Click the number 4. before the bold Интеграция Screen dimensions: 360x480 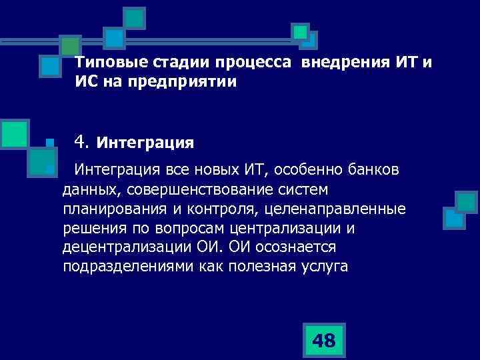tap(82, 141)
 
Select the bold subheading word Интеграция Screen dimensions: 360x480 tap(145, 142)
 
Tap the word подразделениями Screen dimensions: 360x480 tap(130, 267)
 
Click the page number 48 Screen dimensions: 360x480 tap(323, 341)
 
